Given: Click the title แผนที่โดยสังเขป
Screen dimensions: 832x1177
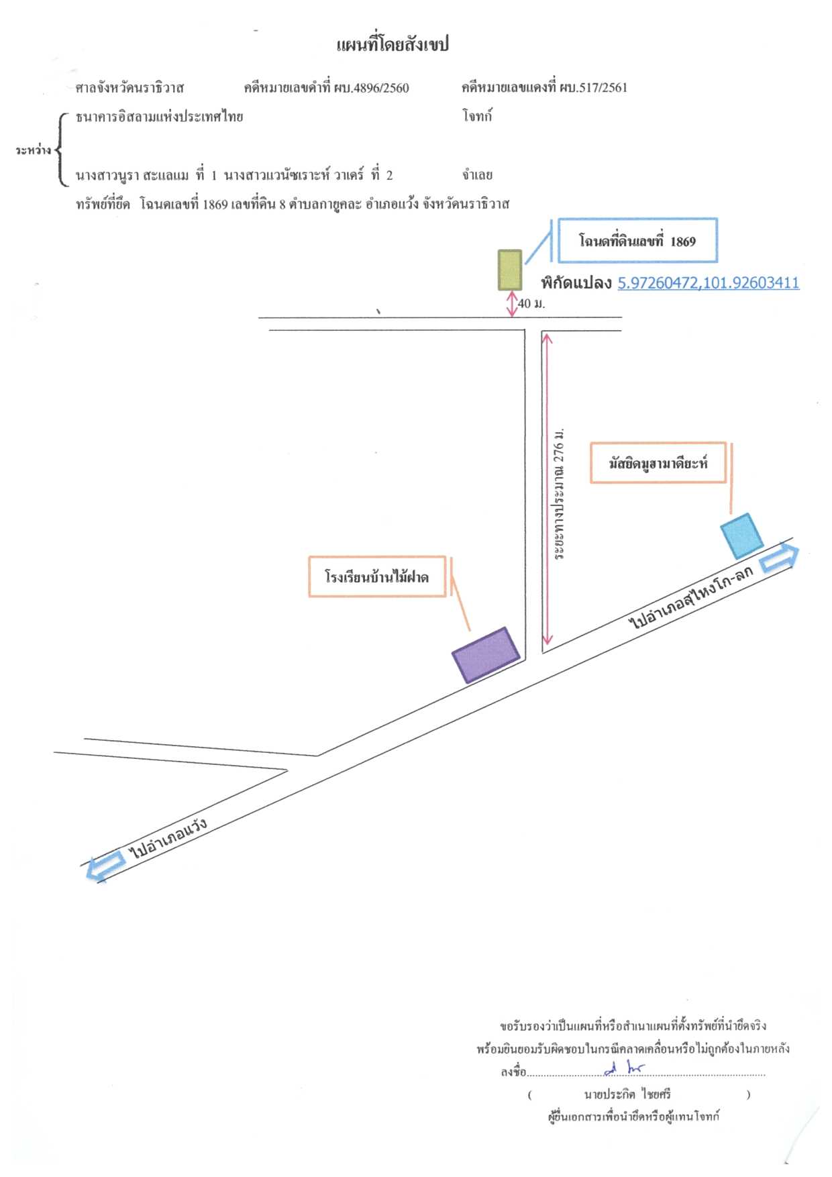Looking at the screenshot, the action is pos(393,45).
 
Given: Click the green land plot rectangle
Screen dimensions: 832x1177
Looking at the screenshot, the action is pos(510,270).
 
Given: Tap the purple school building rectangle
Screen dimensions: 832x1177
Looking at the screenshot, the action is pos(486,655).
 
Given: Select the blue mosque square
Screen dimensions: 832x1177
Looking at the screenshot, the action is pos(742,536).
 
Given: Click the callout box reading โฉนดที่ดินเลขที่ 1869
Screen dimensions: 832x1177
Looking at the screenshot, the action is pos(637,240).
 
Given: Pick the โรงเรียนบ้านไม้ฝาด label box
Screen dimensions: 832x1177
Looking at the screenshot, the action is pos(377,576).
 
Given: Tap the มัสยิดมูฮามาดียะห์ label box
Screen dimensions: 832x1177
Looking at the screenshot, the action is pos(658,463).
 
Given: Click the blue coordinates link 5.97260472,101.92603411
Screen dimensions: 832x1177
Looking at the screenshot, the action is pos(709,283).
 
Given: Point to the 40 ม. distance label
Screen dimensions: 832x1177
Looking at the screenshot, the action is pos(531,303).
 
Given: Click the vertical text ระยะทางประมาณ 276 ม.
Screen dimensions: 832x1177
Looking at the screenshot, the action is pos(559,493).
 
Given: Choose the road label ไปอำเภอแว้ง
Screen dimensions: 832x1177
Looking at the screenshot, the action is pos(168,838).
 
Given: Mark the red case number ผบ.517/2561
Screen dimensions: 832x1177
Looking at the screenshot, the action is pos(594,87).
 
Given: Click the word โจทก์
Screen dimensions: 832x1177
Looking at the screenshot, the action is pos(477,116).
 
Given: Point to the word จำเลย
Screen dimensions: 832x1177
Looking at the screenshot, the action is pos(477,175).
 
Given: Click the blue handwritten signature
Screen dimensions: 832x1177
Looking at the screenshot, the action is pos(624,1068).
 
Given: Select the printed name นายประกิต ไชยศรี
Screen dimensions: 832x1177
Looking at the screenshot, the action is pos(627,1094).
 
